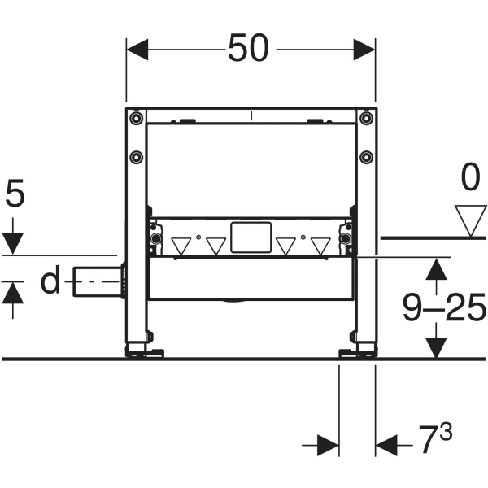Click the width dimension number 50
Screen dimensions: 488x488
pos(248,49)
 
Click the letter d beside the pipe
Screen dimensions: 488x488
pos(50,281)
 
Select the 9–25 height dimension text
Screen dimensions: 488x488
pos(444,307)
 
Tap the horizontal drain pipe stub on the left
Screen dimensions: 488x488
pos(96,282)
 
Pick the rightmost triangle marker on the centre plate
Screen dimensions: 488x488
pos(320,245)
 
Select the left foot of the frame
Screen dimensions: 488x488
pos(142,351)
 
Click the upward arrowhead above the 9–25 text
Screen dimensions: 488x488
pos(438,269)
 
